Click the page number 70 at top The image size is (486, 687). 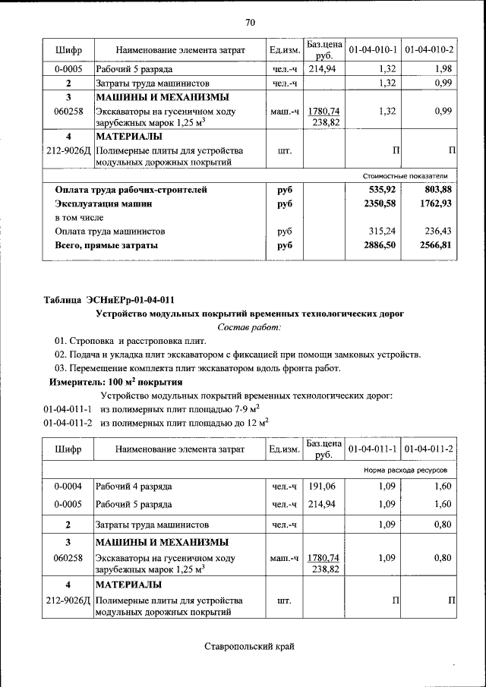[x=250, y=21]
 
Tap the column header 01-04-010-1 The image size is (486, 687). [x=373, y=50]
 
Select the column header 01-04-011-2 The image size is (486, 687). [x=429, y=449]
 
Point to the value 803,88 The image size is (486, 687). [x=438, y=190]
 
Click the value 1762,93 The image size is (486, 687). [x=436, y=203]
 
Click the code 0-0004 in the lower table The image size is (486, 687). [x=68, y=486]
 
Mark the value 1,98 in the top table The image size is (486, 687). [x=443, y=69]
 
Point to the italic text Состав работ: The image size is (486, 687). [x=249, y=327]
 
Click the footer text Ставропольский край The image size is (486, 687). [x=249, y=647]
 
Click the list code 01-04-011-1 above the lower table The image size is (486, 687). [x=68, y=410]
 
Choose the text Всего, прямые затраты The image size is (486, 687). [x=106, y=245]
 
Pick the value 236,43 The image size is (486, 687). [x=438, y=231]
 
